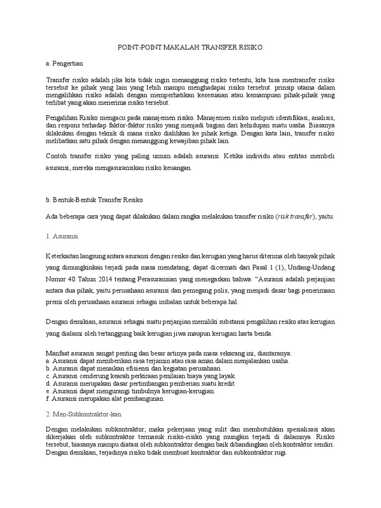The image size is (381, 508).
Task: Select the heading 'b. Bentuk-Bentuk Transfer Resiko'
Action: (94, 199)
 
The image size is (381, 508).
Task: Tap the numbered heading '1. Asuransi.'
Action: (62, 237)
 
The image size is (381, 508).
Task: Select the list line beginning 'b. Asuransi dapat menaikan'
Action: (133, 369)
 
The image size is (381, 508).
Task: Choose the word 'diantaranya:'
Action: (272, 353)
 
